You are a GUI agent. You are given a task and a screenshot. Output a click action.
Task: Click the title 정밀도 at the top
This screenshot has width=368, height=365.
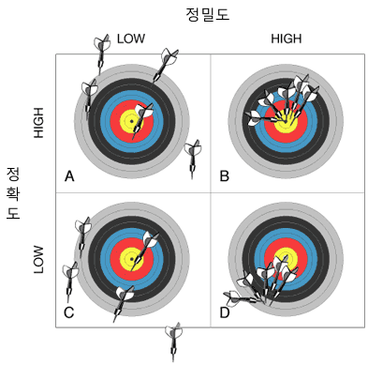[208, 14]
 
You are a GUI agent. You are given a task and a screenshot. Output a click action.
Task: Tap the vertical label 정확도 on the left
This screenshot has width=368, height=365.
[13, 193]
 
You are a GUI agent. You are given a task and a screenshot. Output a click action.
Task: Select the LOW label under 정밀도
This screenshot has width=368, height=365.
[131, 38]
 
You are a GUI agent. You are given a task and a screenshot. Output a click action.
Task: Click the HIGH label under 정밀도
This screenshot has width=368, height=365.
[287, 38]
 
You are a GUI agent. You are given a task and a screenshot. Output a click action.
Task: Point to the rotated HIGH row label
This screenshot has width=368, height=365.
[38, 123]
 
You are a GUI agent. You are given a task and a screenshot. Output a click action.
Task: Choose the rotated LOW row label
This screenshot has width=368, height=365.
[38, 259]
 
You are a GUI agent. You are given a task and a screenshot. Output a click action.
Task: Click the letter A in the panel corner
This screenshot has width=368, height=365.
[69, 176]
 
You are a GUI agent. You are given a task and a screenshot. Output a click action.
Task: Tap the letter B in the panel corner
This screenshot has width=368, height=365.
[224, 176]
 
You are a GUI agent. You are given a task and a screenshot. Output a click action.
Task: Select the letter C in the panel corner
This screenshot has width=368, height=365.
[68, 312]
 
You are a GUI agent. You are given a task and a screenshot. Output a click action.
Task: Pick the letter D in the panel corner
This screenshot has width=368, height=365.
[225, 312]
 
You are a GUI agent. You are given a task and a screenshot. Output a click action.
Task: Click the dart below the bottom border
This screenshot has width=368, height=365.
[173, 342]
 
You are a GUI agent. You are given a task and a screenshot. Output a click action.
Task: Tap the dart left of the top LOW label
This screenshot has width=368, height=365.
[102, 53]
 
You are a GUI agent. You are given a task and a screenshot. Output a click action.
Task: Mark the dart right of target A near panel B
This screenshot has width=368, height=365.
[192, 159]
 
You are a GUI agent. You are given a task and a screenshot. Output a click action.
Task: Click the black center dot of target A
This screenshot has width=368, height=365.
[132, 121]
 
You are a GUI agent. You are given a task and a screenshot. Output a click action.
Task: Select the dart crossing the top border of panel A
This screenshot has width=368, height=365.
[166, 65]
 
